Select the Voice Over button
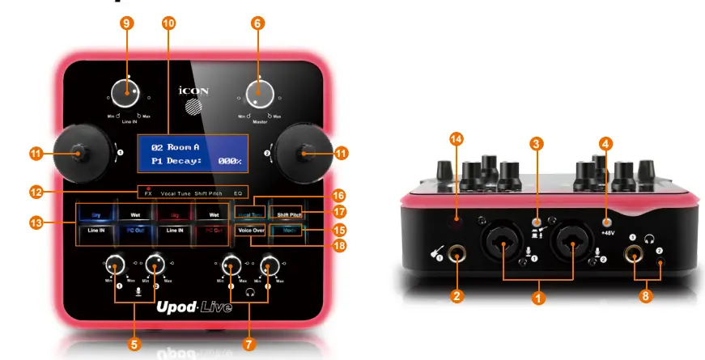tap(252, 231)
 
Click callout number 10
tap(168, 23)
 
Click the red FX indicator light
tap(148, 187)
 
